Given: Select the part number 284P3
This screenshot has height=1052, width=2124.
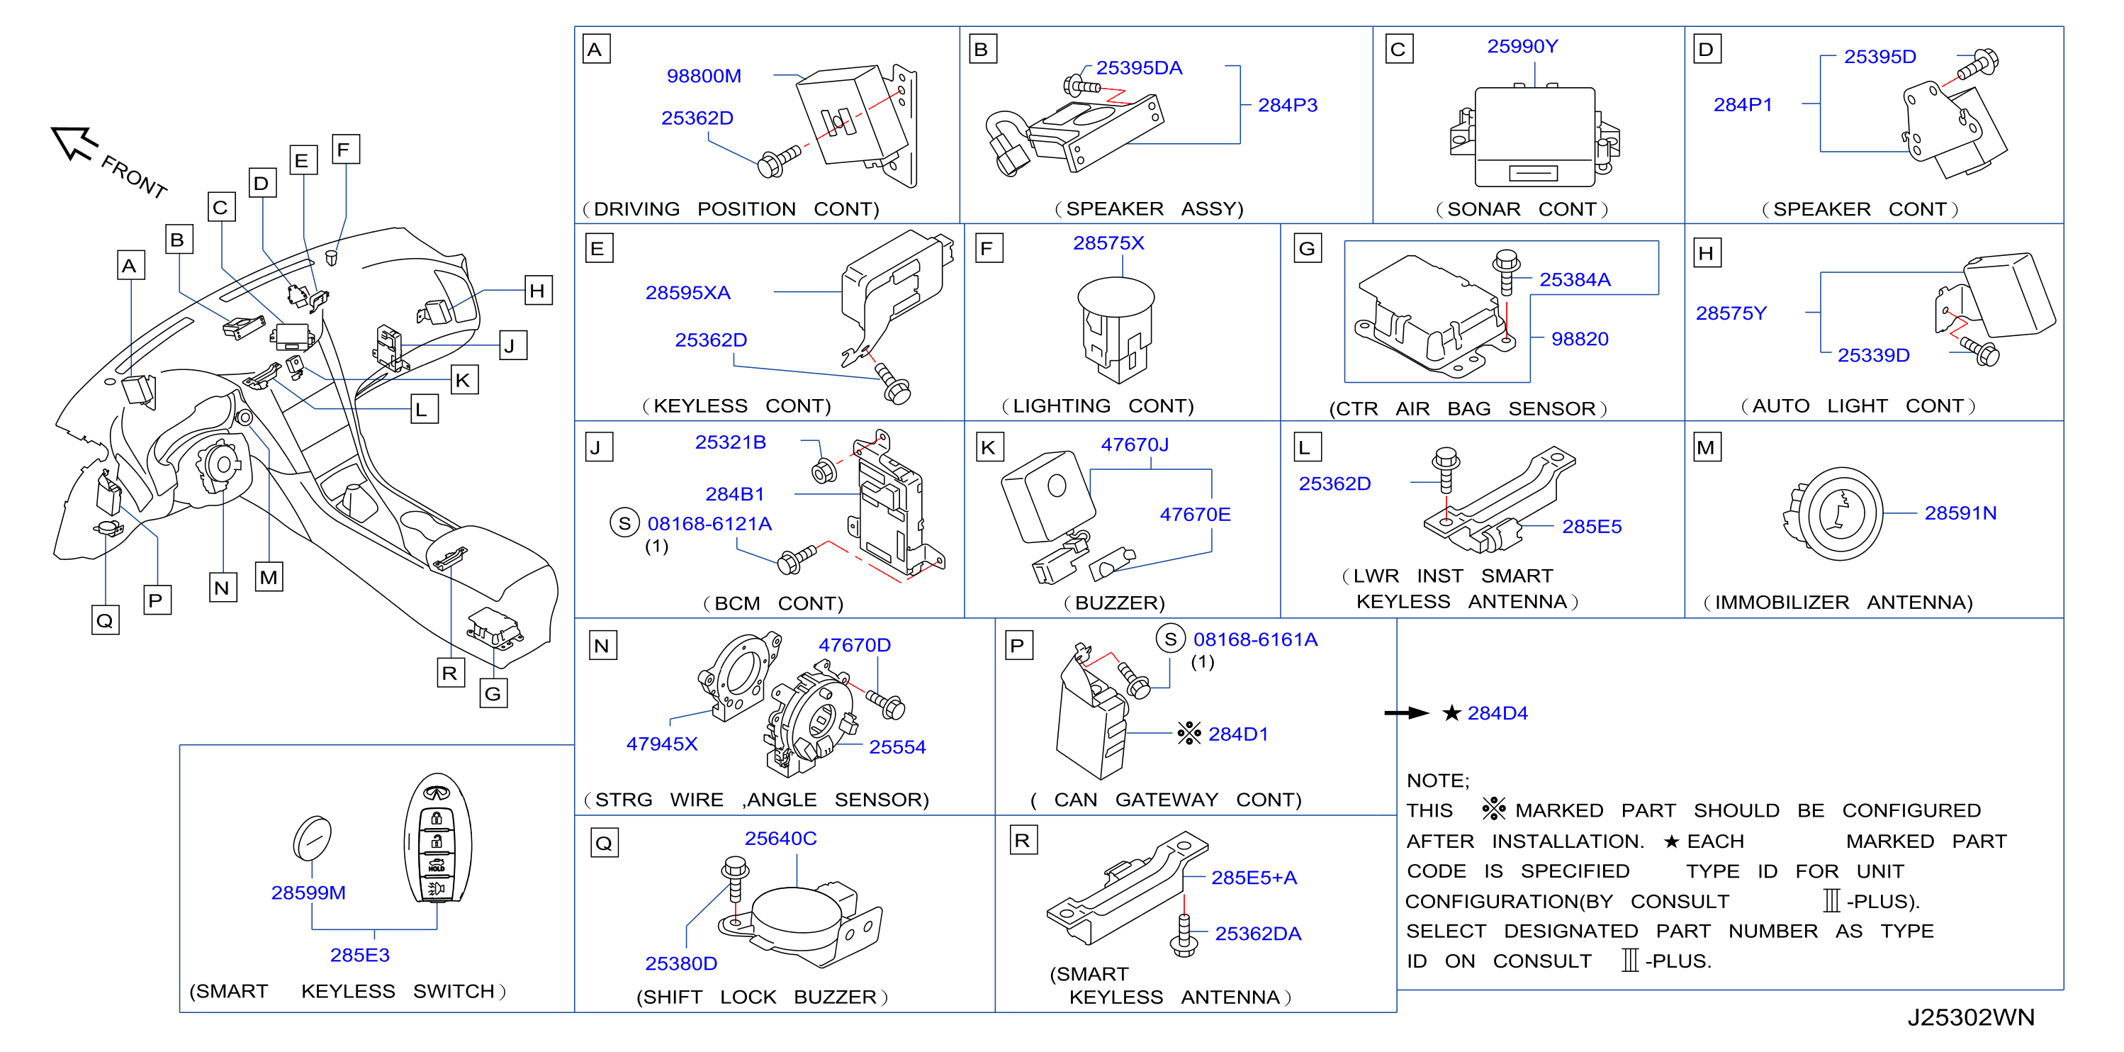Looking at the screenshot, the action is coord(1287,106).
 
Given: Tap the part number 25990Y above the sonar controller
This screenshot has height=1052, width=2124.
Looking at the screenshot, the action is coord(1522,46).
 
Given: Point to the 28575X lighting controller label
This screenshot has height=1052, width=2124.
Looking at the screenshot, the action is coord(1108,243).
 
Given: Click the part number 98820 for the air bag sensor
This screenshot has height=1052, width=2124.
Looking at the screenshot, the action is coord(1579,339).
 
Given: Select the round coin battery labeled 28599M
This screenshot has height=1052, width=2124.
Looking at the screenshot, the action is coord(313,839).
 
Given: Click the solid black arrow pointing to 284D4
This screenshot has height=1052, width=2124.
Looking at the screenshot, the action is coord(1406,713).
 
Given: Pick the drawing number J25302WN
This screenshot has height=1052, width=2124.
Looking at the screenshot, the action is coord(1971,1017).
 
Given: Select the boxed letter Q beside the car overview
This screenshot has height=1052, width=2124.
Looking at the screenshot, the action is coord(105,620).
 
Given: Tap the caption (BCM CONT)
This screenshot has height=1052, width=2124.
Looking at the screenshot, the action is coord(773,603).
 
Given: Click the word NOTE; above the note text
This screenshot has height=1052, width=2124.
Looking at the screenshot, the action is coord(1438,780).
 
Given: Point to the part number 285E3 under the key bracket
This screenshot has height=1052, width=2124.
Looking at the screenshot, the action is coord(359,955).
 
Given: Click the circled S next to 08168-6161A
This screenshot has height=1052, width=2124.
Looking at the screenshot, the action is coord(1170,639).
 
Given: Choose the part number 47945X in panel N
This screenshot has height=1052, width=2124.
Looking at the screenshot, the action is coord(661,744).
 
